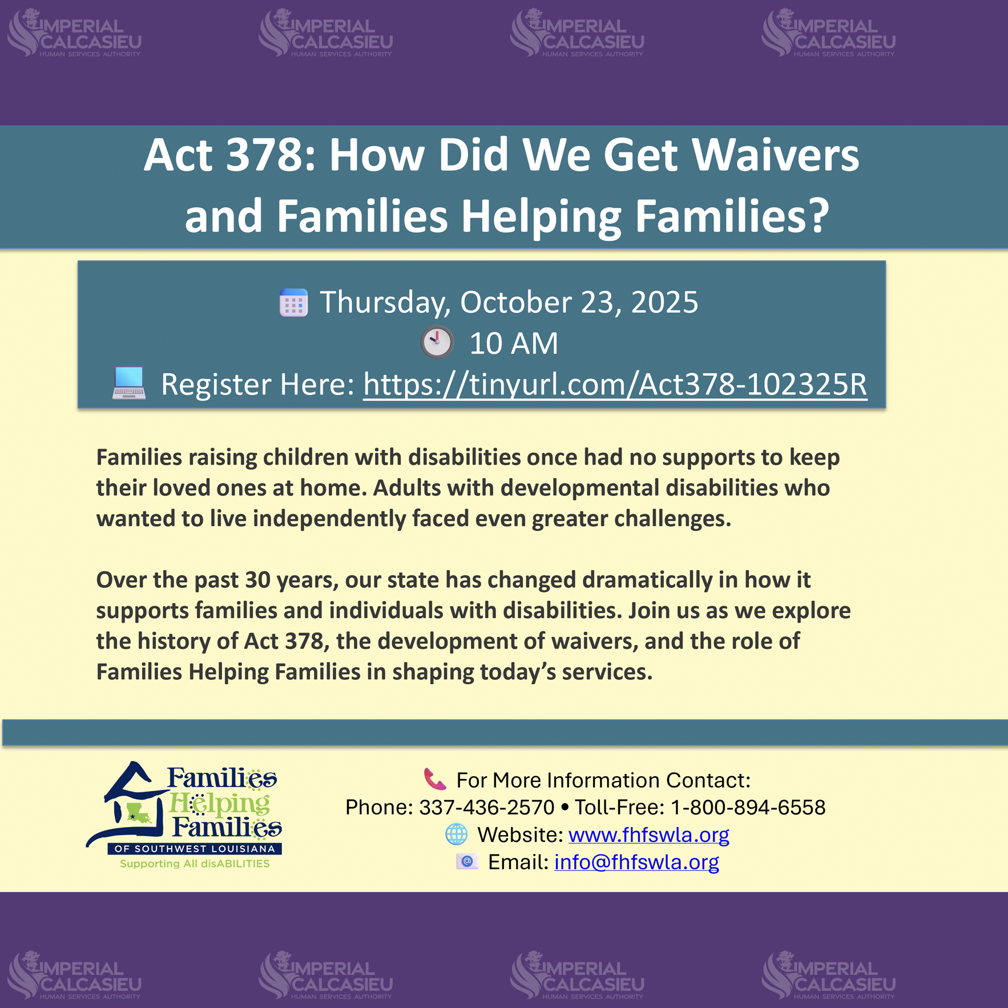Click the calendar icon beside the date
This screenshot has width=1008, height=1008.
[293, 303]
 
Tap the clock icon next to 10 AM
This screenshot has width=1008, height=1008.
[437, 342]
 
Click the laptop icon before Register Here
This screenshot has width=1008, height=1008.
[129, 382]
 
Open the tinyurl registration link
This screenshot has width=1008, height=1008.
[615, 384]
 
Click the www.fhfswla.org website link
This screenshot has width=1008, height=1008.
[649, 834]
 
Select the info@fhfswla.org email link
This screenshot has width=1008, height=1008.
[636, 862]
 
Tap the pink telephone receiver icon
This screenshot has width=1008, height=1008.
[435, 779]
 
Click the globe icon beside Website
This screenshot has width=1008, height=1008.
[457, 834]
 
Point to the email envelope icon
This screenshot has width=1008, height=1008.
[467, 861]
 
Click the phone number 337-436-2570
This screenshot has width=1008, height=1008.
[487, 807]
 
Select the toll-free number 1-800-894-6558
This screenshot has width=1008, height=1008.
[748, 807]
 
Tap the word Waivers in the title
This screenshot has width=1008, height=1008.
[777, 155]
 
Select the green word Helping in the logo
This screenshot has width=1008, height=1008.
[220, 804]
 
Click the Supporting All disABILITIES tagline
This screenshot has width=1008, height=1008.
[195, 864]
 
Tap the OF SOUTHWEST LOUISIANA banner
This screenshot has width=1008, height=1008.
[195, 849]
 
